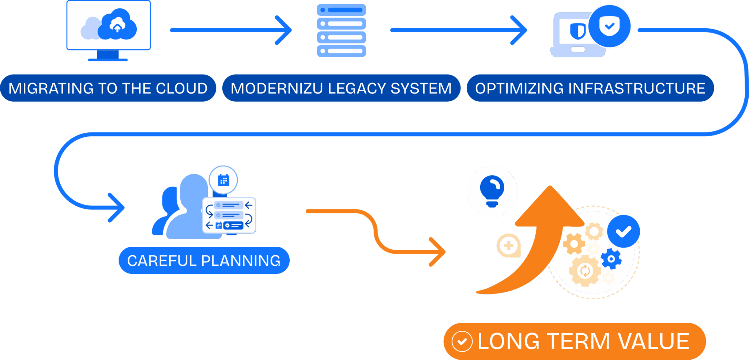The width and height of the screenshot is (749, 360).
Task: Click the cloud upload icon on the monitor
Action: point(118,25)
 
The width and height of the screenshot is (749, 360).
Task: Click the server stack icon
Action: point(341,30)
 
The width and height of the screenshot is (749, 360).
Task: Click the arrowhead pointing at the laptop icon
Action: point(522,30)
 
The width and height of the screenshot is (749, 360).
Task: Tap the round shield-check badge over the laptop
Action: point(610,26)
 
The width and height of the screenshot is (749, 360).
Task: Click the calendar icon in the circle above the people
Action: point(223,180)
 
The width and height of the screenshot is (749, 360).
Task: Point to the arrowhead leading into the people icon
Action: point(119,208)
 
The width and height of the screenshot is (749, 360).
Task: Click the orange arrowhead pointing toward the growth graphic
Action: point(440,252)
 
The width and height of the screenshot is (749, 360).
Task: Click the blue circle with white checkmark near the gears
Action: point(624,231)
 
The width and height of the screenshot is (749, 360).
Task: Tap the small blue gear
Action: point(611,259)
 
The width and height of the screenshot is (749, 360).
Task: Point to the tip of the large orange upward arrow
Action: point(550,187)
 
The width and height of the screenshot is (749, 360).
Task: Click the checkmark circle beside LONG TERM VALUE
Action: point(462,341)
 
